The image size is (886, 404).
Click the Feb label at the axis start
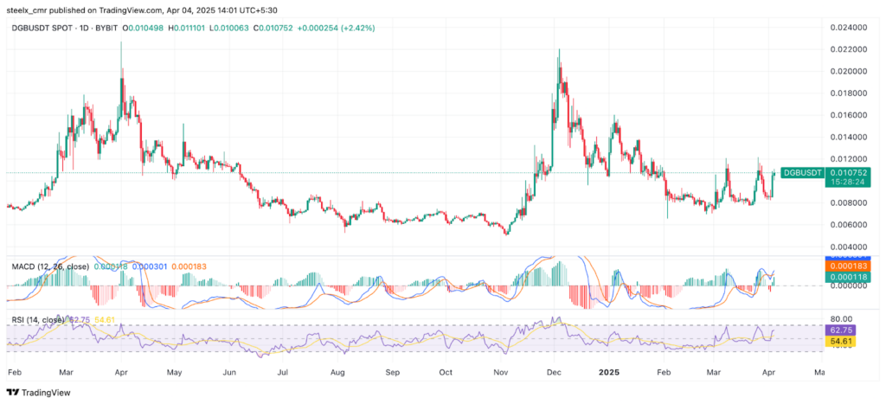(15, 373)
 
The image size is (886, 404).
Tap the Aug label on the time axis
(337, 373)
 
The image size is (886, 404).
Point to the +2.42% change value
(356, 29)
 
